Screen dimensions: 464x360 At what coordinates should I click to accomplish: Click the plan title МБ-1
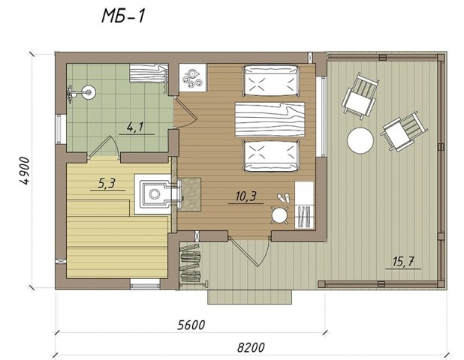[123, 16]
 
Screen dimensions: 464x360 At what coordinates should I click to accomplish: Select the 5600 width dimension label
[191, 325]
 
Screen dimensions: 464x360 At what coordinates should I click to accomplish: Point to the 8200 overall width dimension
[251, 347]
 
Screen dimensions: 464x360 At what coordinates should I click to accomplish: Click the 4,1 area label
[135, 127]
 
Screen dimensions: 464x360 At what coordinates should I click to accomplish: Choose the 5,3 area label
[106, 184]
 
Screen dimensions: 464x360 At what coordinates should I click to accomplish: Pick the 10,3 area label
[246, 196]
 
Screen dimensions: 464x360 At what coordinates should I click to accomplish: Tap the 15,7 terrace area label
[403, 262]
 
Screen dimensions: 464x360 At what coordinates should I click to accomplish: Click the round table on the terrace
[360, 140]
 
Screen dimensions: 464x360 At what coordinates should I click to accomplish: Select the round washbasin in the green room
[89, 91]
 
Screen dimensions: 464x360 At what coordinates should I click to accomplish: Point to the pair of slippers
[283, 197]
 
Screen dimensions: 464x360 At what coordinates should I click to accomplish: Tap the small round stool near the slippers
[279, 215]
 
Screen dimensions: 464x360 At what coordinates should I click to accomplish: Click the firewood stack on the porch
[190, 262]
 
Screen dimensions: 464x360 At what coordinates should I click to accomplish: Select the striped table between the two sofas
[270, 119]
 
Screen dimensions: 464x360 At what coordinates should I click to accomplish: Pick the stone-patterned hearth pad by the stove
[191, 194]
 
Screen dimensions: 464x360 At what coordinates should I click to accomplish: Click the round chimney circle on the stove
[154, 194]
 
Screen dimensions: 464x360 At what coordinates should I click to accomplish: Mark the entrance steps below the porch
[250, 297]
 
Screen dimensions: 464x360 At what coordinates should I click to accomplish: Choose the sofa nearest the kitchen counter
[270, 81]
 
